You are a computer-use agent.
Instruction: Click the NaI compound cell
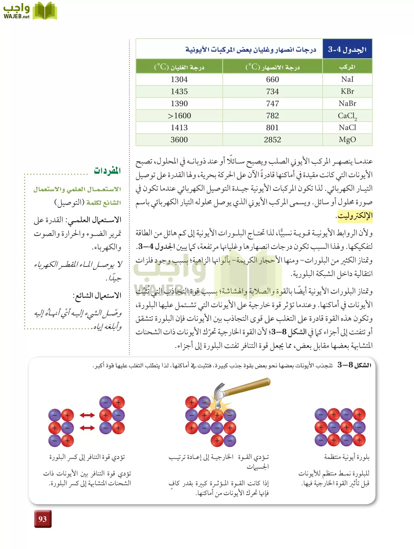pos(347,79)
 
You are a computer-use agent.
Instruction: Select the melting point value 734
pos(272,91)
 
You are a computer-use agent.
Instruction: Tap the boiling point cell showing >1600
pos(179,116)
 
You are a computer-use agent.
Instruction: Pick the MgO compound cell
pos(347,140)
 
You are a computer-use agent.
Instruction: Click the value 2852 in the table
pos(272,140)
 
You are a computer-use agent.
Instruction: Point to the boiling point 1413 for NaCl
pos(179,127)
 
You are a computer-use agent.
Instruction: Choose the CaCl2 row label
pos(347,116)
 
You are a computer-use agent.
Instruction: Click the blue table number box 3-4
pos(347,49)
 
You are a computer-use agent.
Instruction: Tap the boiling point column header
pos(179,67)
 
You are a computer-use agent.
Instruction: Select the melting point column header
pos(272,67)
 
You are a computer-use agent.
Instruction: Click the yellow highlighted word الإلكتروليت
pos(355,216)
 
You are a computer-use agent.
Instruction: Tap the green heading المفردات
pos(107,170)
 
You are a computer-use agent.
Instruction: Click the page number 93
pos(43,519)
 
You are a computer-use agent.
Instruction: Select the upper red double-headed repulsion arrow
pos(87,415)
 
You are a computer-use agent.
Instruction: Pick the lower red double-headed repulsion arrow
pos(87,428)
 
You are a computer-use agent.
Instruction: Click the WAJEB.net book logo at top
pos(45,11)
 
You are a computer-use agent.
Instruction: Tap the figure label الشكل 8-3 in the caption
pos(354,365)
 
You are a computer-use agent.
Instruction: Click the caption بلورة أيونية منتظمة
pos(347,457)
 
